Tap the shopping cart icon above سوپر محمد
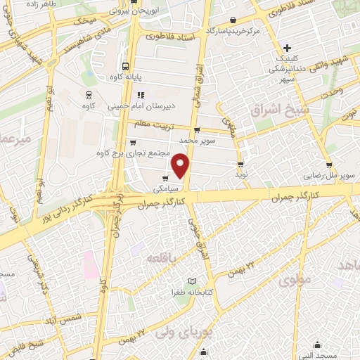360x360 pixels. (x=196, y=129)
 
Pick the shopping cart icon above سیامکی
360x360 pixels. (x=165, y=178)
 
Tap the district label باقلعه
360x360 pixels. (x=162, y=259)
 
